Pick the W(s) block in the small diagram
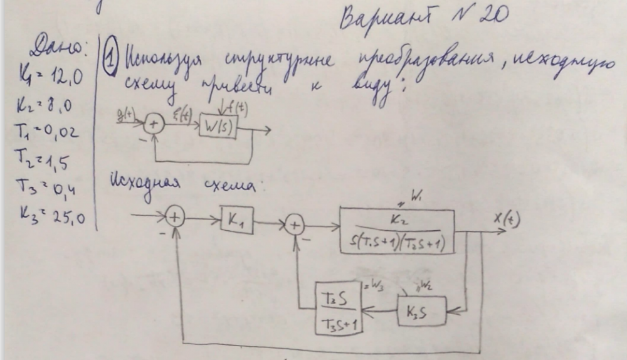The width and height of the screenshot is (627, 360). (218, 127)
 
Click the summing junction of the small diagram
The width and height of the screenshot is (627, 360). (154, 125)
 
